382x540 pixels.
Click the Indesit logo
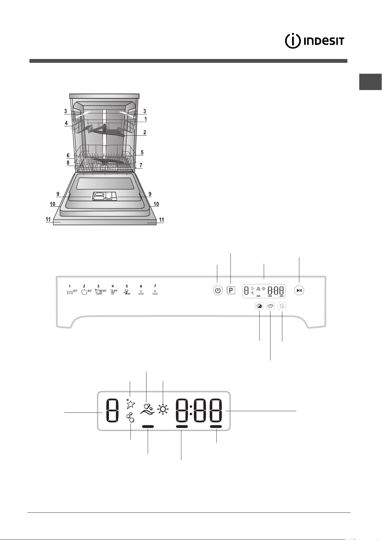[x=314, y=41]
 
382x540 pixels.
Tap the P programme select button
[x=231, y=290]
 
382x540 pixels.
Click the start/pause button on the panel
[x=299, y=290]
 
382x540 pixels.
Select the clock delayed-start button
[x=282, y=306]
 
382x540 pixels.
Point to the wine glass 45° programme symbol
[x=114, y=292]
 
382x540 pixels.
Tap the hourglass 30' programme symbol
[x=127, y=292]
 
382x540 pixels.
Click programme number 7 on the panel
[x=155, y=286]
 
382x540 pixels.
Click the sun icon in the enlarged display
[x=163, y=409]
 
